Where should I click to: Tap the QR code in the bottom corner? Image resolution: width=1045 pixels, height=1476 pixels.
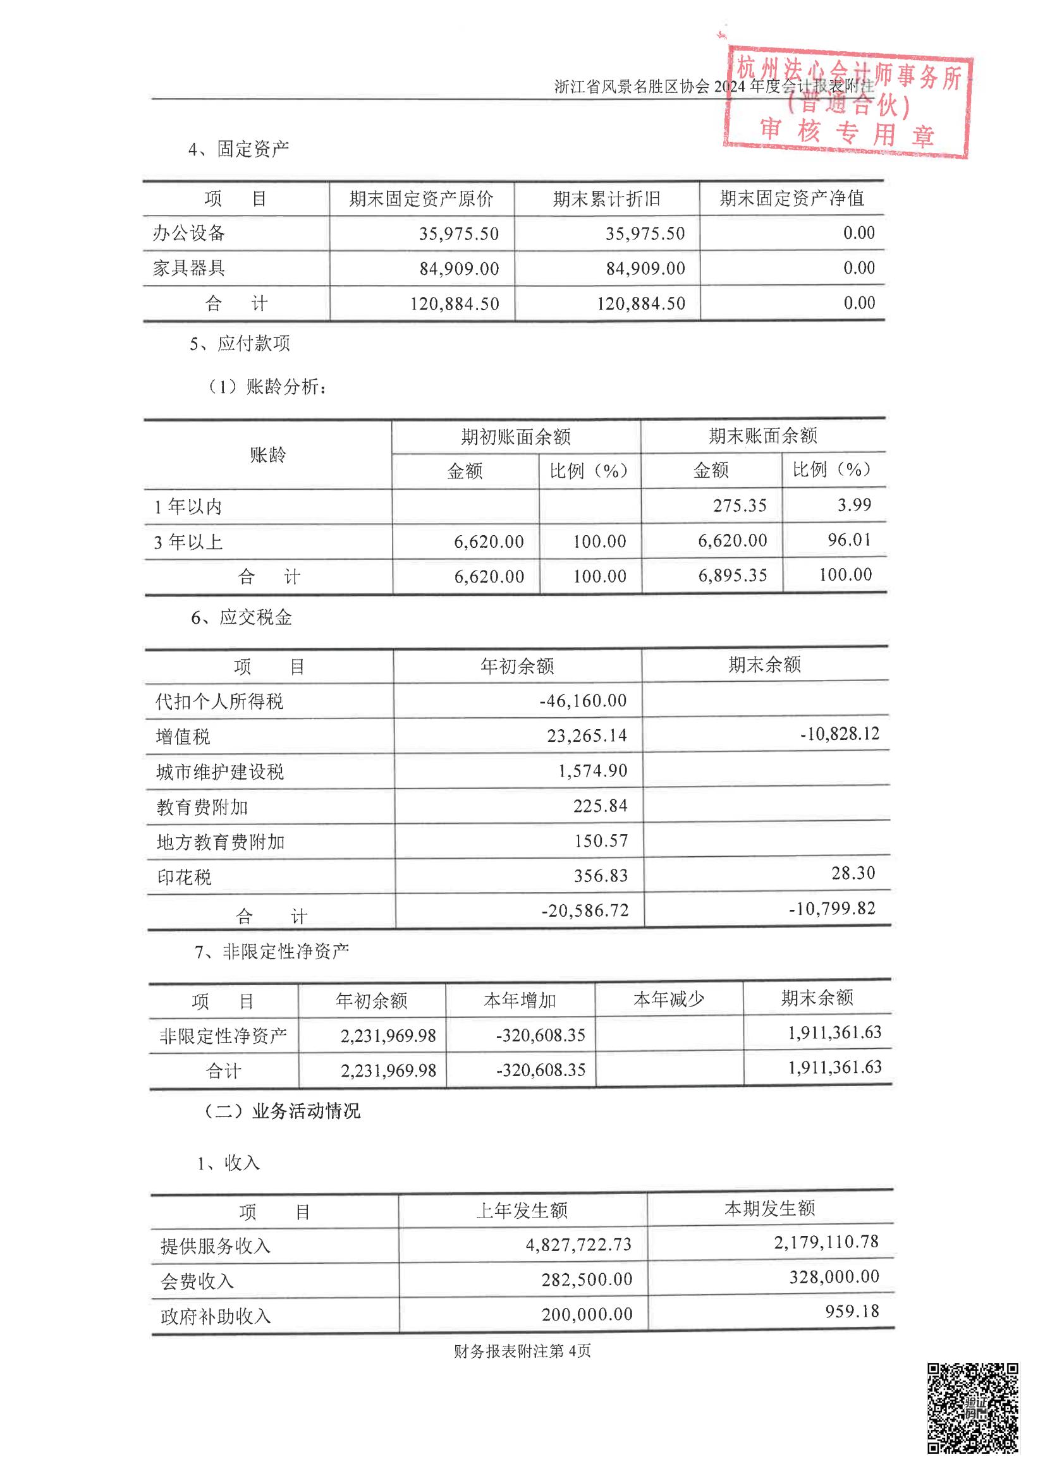point(972,1408)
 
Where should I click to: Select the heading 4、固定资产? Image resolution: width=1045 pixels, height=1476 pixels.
point(239,149)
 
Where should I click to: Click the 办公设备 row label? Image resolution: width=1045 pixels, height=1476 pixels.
point(188,233)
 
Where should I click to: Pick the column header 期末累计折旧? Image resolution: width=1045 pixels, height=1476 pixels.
point(606,199)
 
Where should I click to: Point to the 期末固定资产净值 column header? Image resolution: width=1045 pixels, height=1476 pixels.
point(791,198)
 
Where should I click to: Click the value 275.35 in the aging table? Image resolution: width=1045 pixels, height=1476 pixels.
point(740,505)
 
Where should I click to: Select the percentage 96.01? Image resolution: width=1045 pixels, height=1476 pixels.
point(850,540)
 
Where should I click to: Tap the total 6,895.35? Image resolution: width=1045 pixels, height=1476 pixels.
point(733,575)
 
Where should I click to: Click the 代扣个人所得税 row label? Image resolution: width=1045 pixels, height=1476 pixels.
point(219,701)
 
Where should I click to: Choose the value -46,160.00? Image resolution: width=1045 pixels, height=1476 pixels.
point(583,700)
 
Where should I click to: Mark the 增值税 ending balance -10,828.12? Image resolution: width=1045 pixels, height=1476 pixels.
point(839,734)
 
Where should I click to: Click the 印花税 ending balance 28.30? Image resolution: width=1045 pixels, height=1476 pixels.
point(853,873)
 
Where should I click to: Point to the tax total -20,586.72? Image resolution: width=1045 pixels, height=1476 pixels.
point(585,910)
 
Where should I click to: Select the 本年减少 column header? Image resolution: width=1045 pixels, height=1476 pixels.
point(669,1000)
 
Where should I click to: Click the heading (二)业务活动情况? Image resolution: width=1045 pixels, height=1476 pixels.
point(282,1111)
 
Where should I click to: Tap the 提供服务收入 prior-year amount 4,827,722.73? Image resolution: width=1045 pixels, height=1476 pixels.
point(578,1245)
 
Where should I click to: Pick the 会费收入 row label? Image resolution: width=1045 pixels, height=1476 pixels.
point(197,1281)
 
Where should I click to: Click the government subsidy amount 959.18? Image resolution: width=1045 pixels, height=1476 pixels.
point(852,1311)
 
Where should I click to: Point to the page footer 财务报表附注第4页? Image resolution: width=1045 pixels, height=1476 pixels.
point(522,1352)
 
